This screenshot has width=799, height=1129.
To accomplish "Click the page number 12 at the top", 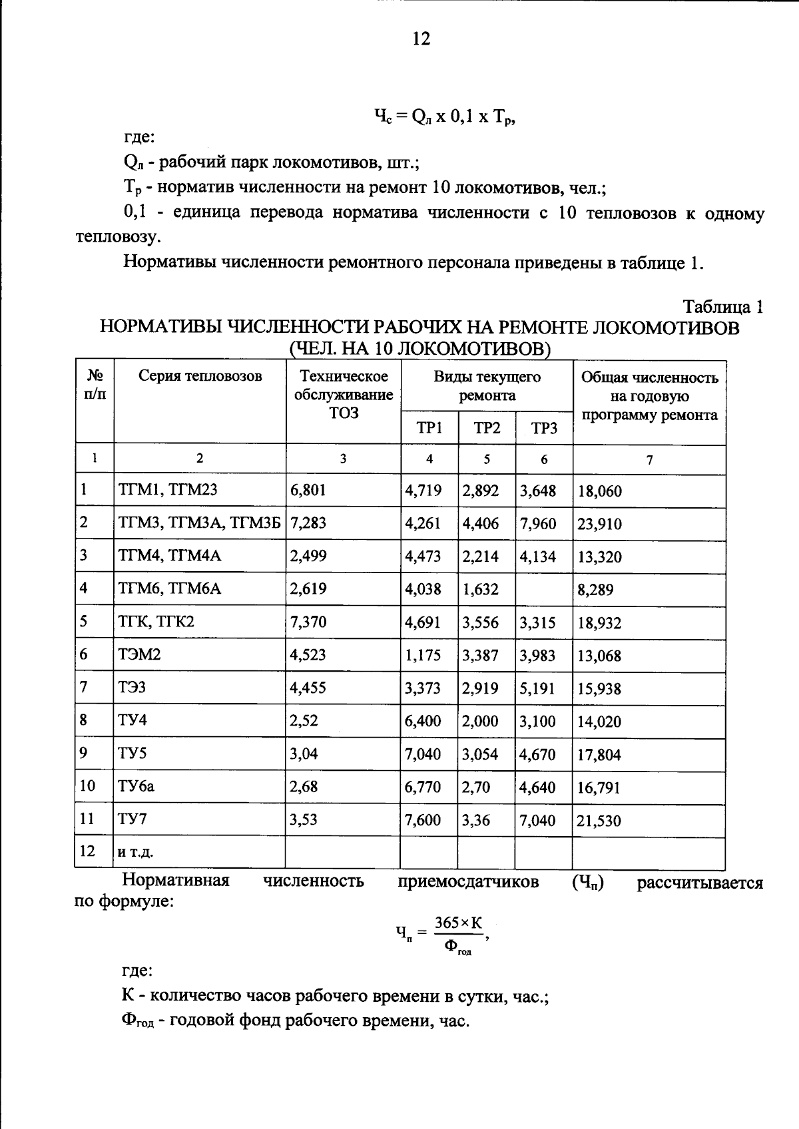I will pos(421,39).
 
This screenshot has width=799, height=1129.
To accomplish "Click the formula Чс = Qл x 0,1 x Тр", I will pos(445,118).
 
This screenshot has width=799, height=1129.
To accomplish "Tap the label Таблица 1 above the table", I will pos(722,307).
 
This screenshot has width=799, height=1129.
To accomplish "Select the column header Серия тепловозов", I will pos(200,377).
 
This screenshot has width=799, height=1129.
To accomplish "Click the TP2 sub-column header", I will pos(487,428).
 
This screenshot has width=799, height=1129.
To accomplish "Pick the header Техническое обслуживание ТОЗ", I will pos(343,395).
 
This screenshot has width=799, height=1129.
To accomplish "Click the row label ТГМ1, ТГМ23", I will pos(168,491).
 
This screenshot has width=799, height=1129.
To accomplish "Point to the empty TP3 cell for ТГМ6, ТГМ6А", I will pos(543,589).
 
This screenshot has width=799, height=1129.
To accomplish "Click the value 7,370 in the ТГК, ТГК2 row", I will pos(308,622).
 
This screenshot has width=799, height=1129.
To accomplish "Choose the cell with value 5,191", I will pos(537,688).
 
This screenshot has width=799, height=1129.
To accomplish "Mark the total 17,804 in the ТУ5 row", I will pos(599,755).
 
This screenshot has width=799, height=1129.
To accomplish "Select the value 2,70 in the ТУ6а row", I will pos(476,788).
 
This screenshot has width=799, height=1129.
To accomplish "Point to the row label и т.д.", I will pos(136,852).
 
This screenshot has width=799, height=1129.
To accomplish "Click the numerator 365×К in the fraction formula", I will pos(458,923).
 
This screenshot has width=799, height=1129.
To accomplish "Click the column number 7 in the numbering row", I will pos(649,459).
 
